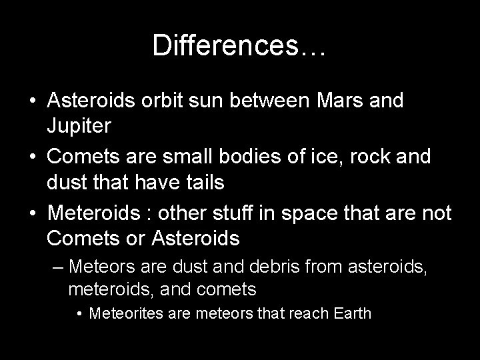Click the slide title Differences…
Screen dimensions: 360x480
tap(239, 45)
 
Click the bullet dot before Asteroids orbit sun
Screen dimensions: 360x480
tap(32, 102)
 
